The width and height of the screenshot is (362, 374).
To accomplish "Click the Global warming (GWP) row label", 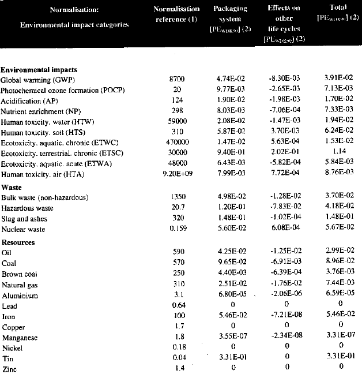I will pos(38,80).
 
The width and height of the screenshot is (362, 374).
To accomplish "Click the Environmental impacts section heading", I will pos(39,70).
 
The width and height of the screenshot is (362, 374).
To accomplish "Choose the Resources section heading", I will pos(18,242).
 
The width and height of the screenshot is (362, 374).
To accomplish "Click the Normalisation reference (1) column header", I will pos(176,14).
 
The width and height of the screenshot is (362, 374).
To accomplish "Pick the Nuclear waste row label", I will pos(23,230).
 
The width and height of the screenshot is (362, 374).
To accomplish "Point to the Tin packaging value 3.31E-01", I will pos(231,357).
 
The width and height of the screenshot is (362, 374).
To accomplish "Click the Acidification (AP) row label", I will pos(29,100).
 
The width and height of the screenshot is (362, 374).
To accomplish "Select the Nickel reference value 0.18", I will pos(179,347).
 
